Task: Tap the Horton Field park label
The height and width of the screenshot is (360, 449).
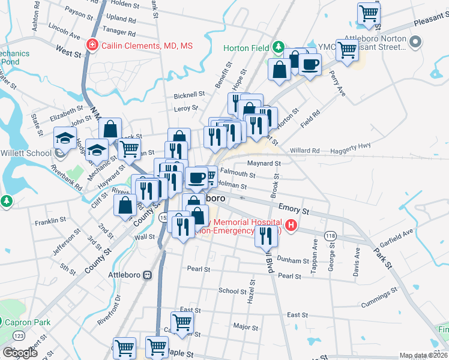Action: pos(245,47)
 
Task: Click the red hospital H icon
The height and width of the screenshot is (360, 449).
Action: pos(291,226)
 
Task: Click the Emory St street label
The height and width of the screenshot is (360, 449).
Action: pos(294,208)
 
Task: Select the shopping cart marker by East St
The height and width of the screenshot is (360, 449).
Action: pos(182,322)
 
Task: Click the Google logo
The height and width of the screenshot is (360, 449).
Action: pos(20,353)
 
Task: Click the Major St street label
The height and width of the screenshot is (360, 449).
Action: pos(246,327)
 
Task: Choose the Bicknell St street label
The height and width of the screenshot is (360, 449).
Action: pos(189,95)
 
